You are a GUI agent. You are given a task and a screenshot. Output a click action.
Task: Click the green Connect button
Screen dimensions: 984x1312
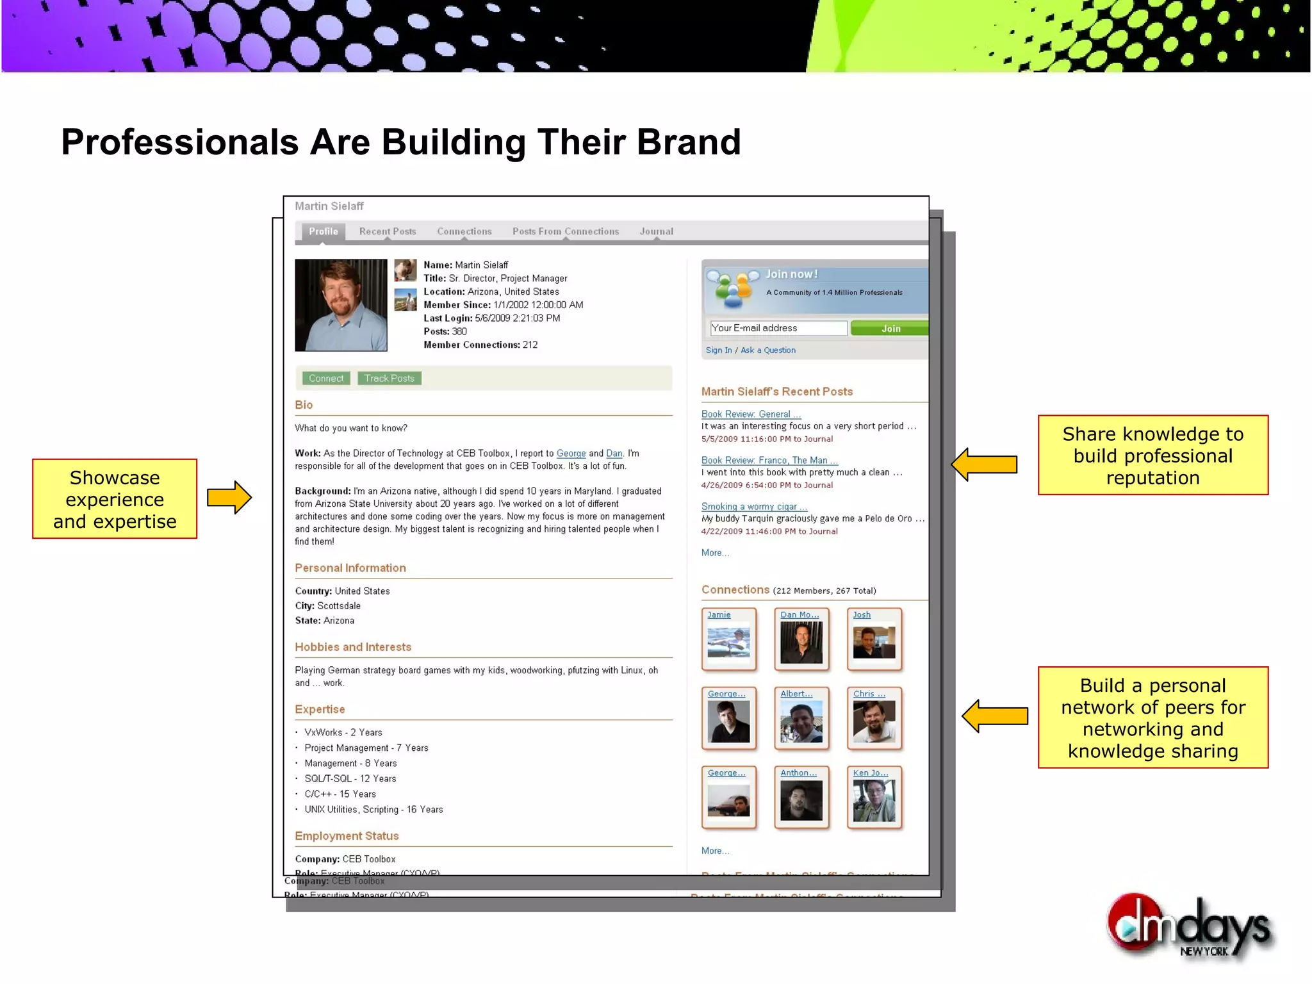click(x=326, y=379)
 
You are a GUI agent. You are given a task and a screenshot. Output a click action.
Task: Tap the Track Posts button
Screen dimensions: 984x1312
click(x=389, y=379)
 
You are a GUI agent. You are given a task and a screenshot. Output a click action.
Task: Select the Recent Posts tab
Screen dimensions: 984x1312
click(x=388, y=231)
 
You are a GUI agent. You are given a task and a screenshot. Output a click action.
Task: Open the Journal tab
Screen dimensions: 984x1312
click(x=656, y=231)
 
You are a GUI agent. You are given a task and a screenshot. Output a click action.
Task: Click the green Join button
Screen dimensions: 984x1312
click(x=890, y=329)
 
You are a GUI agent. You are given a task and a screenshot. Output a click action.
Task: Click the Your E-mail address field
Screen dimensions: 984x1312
click(x=778, y=328)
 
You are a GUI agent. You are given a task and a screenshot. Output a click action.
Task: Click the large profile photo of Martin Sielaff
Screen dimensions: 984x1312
click(x=341, y=305)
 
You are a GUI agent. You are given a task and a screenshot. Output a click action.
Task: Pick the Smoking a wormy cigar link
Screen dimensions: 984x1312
click(x=753, y=506)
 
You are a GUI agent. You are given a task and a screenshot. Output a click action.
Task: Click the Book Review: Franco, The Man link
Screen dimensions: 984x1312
click(x=769, y=460)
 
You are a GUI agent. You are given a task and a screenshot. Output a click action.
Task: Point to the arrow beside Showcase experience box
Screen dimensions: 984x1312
click(x=229, y=497)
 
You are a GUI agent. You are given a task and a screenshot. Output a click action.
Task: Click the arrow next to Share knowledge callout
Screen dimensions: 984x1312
click(x=984, y=464)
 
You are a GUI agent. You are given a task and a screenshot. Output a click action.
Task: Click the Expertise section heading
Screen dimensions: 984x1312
click(x=320, y=709)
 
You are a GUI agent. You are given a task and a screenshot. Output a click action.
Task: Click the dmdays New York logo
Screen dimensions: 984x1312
click(x=1190, y=926)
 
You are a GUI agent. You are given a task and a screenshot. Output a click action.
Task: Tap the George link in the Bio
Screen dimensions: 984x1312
click(x=571, y=453)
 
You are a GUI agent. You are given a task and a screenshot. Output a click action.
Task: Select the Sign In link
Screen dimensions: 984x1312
click(x=718, y=350)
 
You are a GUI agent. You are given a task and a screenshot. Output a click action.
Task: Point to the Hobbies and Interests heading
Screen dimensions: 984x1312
click(x=353, y=647)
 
